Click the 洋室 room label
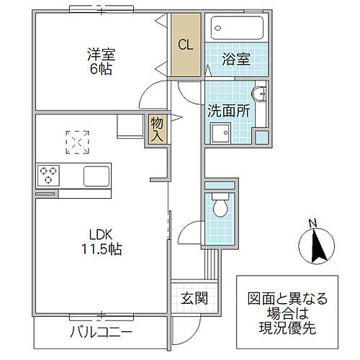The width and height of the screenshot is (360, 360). pyautogui.click(x=101, y=54)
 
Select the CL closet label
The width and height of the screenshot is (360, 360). pyautogui.click(x=185, y=45)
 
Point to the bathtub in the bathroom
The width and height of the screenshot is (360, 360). pyautogui.click(x=238, y=29)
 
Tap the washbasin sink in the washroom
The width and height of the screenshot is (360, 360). pyautogui.click(x=261, y=94)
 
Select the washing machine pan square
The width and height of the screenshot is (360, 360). pyautogui.click(x=220, y=133)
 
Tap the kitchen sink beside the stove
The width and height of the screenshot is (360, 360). pyautogui.click(x=96, y=176)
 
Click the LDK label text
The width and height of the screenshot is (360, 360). pyautogui.click(x=101, y=235)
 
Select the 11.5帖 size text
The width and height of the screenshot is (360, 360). pyautogui.click(x=101, y=251)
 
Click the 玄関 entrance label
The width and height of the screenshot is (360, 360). pyautogui.click(x=193, y=298)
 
